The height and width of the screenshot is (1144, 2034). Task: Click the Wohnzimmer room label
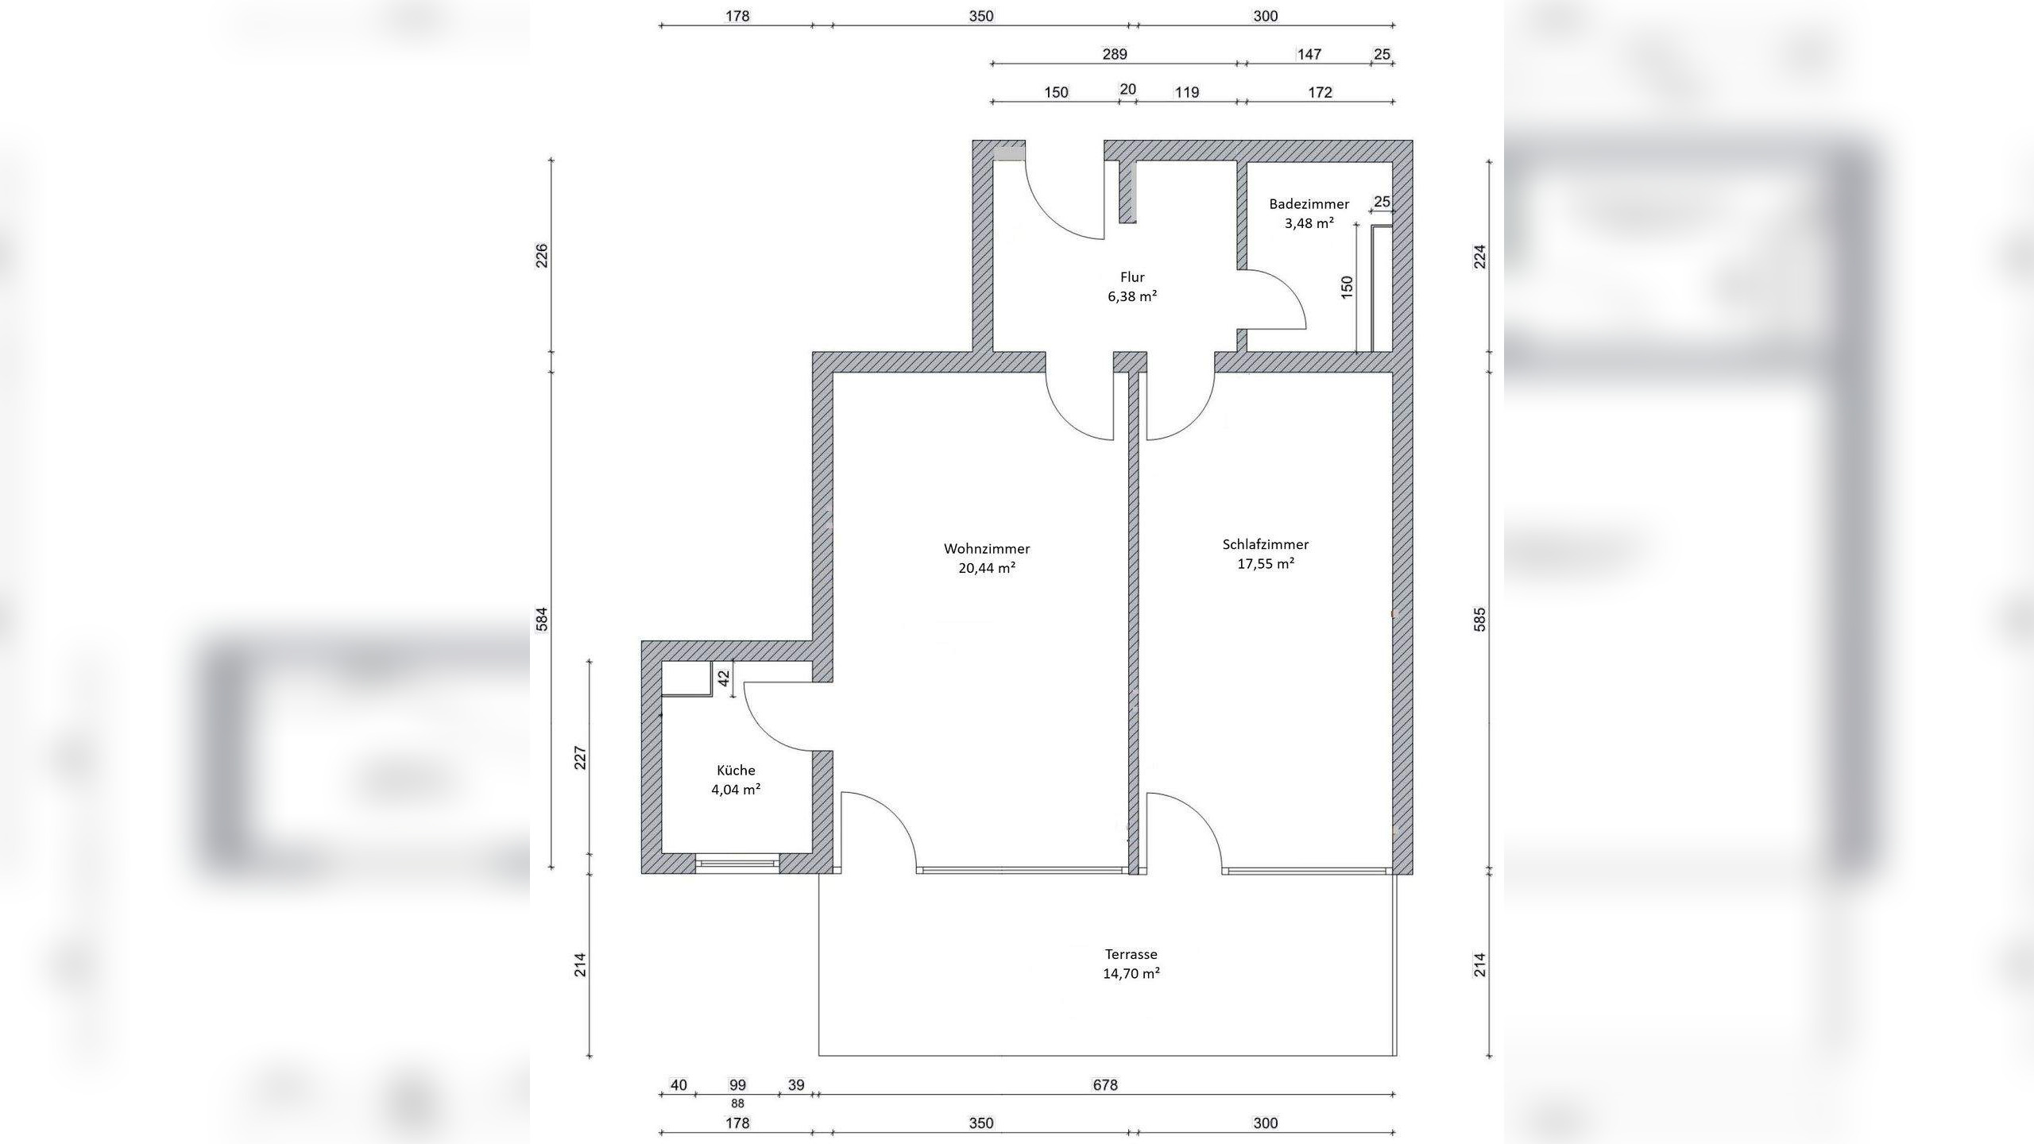pos(987,549)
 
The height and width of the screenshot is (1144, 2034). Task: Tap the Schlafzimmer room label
pos(1266,545)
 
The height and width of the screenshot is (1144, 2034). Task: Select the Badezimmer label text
pos(1309,204)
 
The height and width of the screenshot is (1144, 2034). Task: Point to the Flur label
pos(1132,277)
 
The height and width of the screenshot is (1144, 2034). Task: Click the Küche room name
pos(736,771)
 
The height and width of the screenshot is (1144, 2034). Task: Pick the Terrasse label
pos(1131,954)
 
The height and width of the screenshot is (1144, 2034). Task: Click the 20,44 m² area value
pos(987,568)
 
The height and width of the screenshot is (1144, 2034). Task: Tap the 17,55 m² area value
pos(1266,564)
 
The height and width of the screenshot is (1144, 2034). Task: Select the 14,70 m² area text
pos(1131,974)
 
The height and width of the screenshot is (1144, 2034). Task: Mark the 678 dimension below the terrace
pos(1105,1085)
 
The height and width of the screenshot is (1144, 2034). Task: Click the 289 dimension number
pos(1115,55)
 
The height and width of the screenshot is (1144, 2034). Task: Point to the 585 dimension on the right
pos(1479,620)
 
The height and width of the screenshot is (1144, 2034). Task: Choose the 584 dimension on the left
pos(542,620)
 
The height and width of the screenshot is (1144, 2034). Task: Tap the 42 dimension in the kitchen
pos(724,679)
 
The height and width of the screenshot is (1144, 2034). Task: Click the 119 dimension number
pos(1187,93)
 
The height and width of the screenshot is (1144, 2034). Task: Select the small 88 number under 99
pos(737,1103)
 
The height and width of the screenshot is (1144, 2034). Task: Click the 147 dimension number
pos(1309,55)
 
